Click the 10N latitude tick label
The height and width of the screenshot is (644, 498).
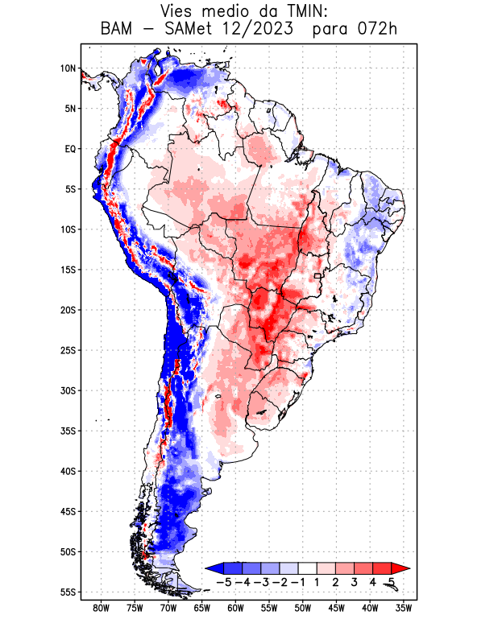pos(68,68)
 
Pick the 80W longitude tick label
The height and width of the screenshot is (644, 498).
pos(101,608)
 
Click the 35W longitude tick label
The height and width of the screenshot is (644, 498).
pos(404,608)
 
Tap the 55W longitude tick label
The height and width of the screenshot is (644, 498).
pos(269,608)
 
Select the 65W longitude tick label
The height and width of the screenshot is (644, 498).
pos(202,608)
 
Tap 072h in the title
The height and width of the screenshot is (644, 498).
pos(378,30)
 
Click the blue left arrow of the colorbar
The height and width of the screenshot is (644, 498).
pos(214,568)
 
